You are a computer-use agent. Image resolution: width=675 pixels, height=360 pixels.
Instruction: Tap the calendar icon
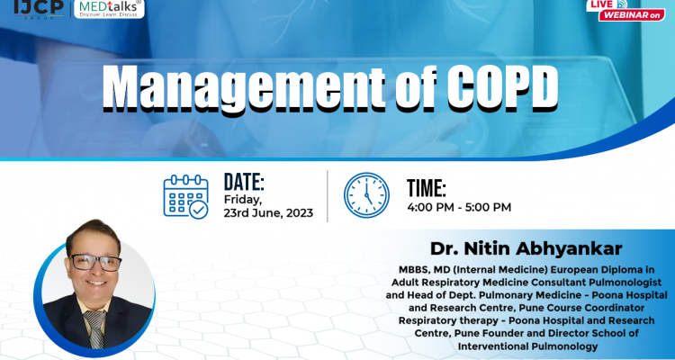[x=185, y=195]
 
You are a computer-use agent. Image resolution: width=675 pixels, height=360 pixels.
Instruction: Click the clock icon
[x=367, y=195]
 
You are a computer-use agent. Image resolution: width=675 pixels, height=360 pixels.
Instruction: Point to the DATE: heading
[x=243, y=181]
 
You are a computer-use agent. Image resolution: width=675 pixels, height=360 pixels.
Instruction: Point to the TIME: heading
[x=427, y=188]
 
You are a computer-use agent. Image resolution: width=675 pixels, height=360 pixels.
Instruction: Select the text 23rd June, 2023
[x=268, y=213]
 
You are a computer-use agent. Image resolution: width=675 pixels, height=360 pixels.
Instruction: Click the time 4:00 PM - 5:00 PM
[x=459, y=207]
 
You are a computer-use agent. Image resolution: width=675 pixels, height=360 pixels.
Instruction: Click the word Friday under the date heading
[x=243, y=200]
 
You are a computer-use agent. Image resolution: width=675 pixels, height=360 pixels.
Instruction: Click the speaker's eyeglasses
[x=95, y=263]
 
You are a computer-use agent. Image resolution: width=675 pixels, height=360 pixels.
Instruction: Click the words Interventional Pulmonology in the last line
[x=524, y=346]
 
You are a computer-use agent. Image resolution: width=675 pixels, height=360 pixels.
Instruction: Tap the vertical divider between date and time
[x=327, y=195]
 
